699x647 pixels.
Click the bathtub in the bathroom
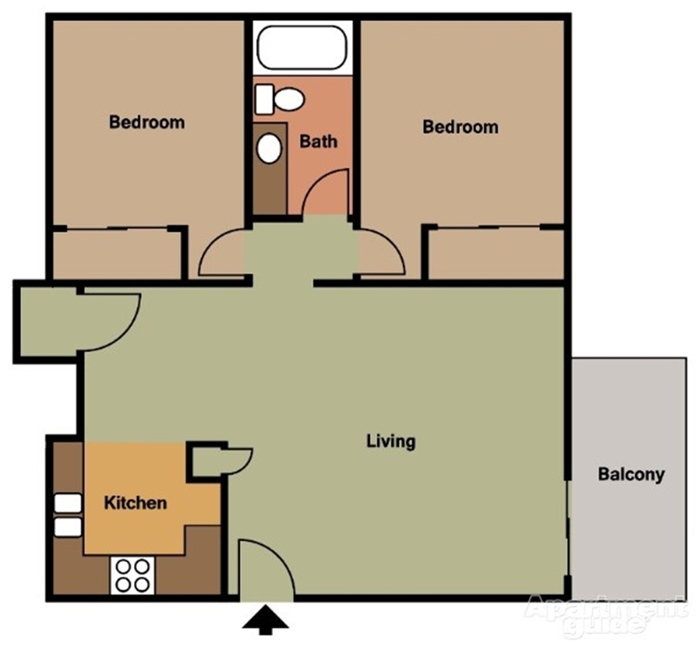click(x=302, y=48)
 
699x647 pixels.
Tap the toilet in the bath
click(x=280, y=99)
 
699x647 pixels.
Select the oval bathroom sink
click(x=269, y=148)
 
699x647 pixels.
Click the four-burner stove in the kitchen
click(x=132, y=575)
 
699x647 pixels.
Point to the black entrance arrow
click(x=266, y=620)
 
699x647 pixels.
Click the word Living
click(x=391, y=441)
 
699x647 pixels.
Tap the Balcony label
click(x=631, y=474)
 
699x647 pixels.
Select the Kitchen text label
click(x=135, y=503)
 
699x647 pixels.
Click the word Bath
click(x=318, y=142)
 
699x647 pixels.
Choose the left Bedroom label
click(x=147, y=122)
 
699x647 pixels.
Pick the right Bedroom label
click(x=460, y=127)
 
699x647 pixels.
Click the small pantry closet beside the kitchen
click(x=207, y=462)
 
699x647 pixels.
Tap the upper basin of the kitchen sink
click(x=68, y=503)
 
